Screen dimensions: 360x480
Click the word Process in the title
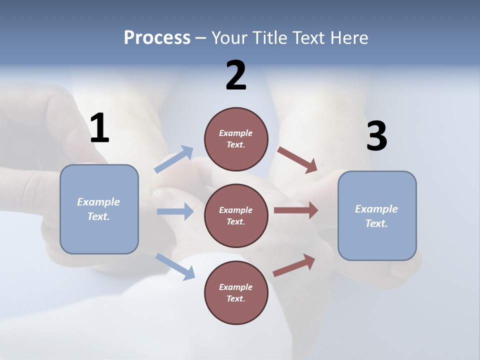[157, 38]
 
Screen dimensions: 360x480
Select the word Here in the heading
[348, 38]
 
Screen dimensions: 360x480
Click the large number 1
[99, 128]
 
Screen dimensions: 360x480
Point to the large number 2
[236, 75]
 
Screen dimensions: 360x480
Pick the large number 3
[376, 136]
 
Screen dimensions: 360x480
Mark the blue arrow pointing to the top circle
[174, 159]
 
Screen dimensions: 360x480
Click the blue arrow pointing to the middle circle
[175, 211]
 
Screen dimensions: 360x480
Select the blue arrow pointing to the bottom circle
[175, 266]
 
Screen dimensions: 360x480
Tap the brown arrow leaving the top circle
[297, 160]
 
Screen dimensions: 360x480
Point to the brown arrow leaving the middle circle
[296, 210]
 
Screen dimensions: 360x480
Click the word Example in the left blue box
[98, 202]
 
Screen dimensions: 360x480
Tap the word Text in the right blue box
[376, 223]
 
